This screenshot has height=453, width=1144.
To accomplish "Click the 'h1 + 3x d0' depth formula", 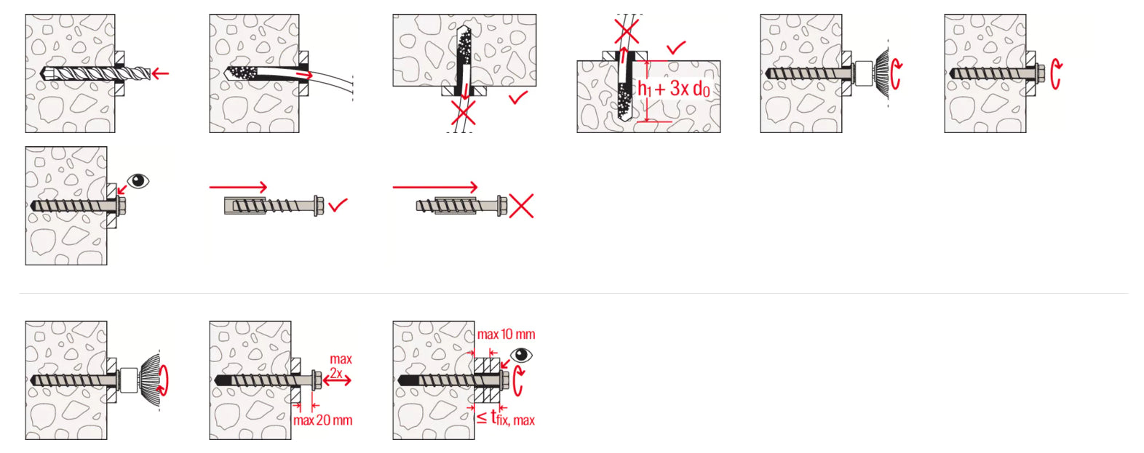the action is (674, 89).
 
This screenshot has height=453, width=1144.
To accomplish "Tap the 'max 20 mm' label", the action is (323, 420).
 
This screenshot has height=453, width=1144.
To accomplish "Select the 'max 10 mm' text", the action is (506, 334).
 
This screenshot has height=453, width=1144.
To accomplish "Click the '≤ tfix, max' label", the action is (506, 419).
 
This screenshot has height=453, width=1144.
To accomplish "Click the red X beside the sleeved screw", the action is (522, 206).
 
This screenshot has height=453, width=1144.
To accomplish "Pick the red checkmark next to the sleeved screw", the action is (338, 205).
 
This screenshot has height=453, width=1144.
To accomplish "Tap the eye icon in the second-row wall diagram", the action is (138, 181).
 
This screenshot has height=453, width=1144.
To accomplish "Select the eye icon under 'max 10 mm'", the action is (521, 355).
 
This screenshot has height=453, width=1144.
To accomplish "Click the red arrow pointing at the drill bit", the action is (160, 74).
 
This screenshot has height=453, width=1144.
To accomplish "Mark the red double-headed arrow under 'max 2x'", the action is (338, 380).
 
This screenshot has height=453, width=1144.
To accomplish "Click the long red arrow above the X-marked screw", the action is (435, 187).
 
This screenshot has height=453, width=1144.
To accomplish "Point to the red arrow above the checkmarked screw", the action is (238, 187).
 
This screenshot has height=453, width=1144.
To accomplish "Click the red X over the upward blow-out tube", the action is (627, 31).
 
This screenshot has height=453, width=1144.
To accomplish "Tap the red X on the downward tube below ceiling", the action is (464, 113).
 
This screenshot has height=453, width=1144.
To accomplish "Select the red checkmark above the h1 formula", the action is (676, 48).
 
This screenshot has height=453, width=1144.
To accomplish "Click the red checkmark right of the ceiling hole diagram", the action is (518, 97).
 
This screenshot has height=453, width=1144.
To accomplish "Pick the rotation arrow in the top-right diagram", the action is (1054, 74).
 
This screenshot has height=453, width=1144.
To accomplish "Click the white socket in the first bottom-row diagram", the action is (129, 380).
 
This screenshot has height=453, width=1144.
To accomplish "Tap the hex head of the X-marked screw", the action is (501, 206).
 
